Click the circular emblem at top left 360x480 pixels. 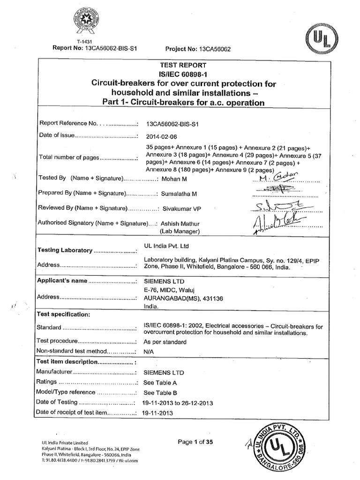point(86,20)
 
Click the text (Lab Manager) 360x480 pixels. point(180,231)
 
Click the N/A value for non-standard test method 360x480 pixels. point(149,351)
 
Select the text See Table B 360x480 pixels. point(160,393)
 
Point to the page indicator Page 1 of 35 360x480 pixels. point(195,442)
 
